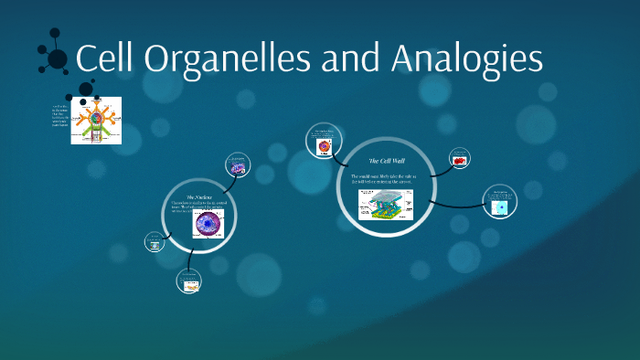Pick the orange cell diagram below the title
[x=96, y=121]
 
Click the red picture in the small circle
[x=460, y=161]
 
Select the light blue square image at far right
[x=500, y=208]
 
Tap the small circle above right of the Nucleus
[x=237, y=165]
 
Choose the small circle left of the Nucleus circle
[x=155, y=242]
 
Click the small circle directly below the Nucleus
[x=190, y=282]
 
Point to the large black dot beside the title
[x=57, y=59]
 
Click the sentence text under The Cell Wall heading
[x=383, y=179]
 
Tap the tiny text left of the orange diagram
[x=61, y=121]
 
